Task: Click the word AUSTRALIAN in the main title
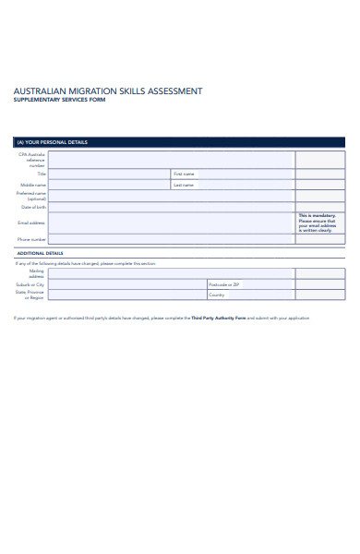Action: coord(41,91)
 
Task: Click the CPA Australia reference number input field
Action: coord(171,159)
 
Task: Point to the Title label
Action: coord(42,174)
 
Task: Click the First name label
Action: coord(184,174)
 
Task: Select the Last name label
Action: coord(184,185)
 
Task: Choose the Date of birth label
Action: coord(35,208)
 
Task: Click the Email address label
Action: coord(31,223)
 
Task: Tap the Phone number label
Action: coord(32,239)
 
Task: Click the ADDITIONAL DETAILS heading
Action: coord(40,252)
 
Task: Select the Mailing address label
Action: coord(36,273)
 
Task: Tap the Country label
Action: coord(217,295)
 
